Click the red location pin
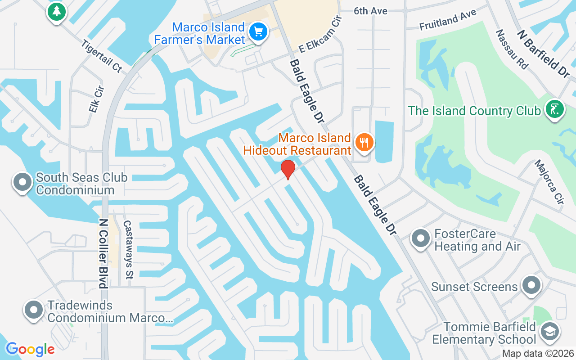click(288, 169)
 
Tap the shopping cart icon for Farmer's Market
click(258, 32)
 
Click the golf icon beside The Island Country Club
click(554, 109)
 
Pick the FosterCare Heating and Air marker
click(421, 238)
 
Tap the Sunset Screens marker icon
click(531, 285)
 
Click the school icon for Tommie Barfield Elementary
click(549, 332)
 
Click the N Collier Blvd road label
click(103, 253)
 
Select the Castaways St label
click(127, 249)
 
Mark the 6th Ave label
click(370, 11)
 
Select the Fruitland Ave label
click(448, 21)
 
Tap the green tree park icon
click(56, 12)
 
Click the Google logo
click(30, 349)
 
